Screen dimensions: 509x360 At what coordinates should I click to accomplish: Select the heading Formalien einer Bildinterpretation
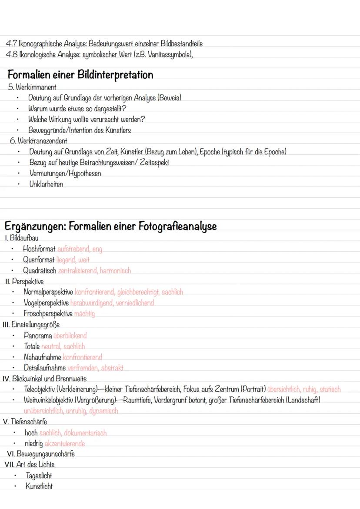point(80,75)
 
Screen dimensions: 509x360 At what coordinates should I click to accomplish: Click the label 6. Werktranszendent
point(39,141)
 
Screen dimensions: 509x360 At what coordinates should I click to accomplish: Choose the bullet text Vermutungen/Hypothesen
point(65,173)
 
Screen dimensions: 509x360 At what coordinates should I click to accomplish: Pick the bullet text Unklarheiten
point(46,184)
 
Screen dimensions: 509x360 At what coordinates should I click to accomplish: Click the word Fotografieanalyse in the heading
point(177,226)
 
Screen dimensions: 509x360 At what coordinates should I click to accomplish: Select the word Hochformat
point(39,249)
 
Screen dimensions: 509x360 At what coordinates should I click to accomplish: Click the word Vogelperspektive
point(46,303)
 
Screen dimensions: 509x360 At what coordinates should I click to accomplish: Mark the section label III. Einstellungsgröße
point(31,324)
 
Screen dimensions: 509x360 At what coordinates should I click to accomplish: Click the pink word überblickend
point(70,336)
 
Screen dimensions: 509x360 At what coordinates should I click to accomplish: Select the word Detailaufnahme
point(45,368)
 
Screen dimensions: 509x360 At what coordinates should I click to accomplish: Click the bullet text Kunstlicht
point(39,486)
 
